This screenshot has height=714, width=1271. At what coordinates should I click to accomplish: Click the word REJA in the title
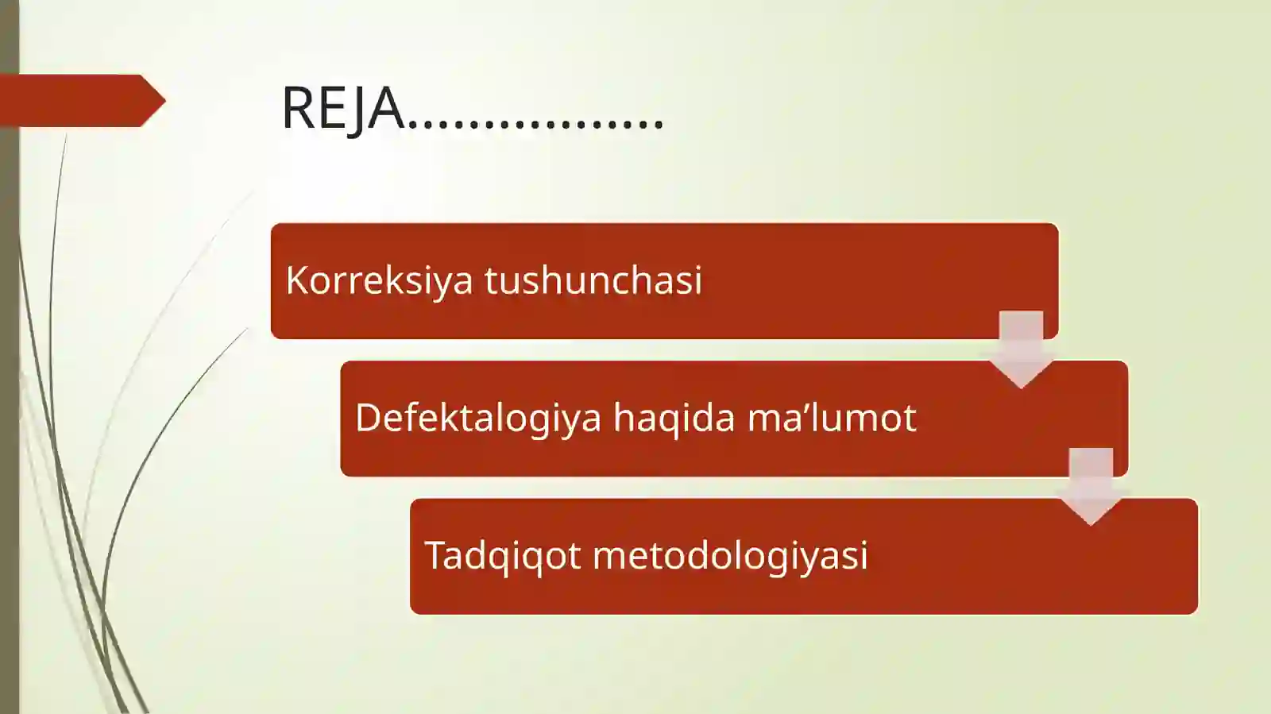pyautogui.click(x=342, y=108)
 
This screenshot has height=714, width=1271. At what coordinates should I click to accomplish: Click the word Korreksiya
pyautogui.click(x=379, y=280)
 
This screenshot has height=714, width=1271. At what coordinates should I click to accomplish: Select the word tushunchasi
pyautogui.click(x=593, y=280)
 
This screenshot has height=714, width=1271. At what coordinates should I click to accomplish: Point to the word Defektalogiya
pyautogui.click(x=478, y=418)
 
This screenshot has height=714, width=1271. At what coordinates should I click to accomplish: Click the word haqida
pyautogui.click(x=674, y=418)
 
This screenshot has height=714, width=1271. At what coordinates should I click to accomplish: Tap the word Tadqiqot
pyautogui.click(x=503, y=555)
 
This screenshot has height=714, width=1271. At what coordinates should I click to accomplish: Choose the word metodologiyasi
pyautogui.click(x=730, y=555)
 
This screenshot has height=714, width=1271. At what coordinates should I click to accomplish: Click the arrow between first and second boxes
pyautogui.click(x=1021, y=348)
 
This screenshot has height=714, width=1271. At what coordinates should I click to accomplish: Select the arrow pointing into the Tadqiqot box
pyautogui.click(x=1091, y=484)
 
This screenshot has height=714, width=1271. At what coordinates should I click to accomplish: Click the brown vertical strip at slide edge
pyautogui.click(x=9, y=397)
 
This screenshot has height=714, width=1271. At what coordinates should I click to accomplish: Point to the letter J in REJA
pyautogui.click(x=358, y=110)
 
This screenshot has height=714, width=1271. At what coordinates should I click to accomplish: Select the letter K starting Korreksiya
pyautogui.click(x=296, y=280)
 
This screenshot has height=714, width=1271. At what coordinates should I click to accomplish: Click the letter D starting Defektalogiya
pyautogui.click(x=368, y=418)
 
